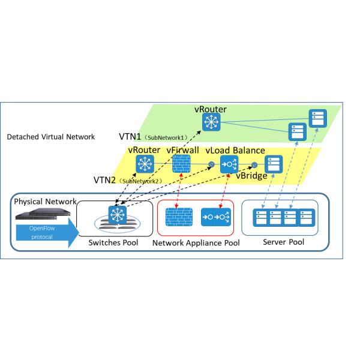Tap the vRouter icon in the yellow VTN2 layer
point(145,163)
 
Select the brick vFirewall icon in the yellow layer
point(181,164)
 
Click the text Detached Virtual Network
point(50,137)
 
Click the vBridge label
point(251,176)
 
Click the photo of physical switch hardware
point(39,213)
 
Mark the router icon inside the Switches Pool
point(115,214)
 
